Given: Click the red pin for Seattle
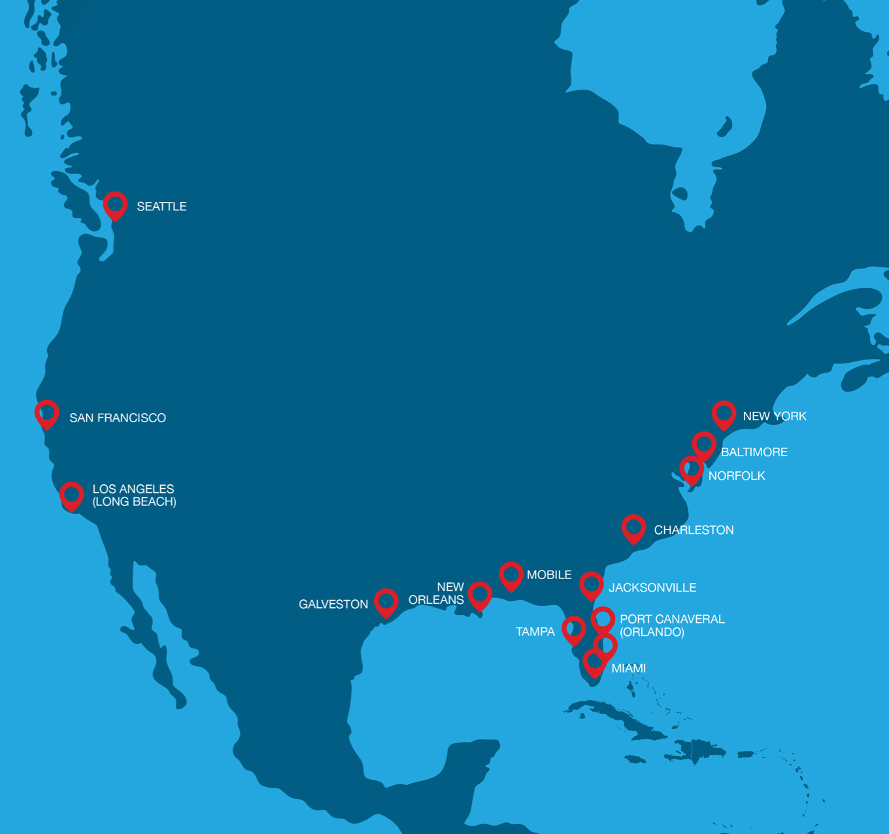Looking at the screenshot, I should coord(115,205).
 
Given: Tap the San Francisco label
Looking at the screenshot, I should coord(118,418).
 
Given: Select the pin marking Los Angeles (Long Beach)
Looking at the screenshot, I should coord(72,495).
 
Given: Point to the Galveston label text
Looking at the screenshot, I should coord(333,605).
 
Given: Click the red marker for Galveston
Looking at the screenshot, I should coord(386,601).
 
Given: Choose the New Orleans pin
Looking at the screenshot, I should coord(480,595).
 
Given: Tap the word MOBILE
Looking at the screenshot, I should coord(549,575).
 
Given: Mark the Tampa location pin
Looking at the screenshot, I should coord(574,629).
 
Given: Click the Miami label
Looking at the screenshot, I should coord(628,668).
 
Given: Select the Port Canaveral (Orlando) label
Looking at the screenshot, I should coord(672,625).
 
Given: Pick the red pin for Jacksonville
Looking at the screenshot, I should coord(591,585).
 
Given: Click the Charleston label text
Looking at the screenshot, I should coord(694,530).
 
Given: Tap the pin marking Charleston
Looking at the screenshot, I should coord(633,527).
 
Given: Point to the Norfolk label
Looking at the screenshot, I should coord(736,476).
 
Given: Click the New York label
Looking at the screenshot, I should coord(775,416).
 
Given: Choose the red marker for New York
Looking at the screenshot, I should coord(724,414).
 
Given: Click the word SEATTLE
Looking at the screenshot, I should coord(161,207).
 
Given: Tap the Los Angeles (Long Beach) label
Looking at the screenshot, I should coord(134,495).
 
